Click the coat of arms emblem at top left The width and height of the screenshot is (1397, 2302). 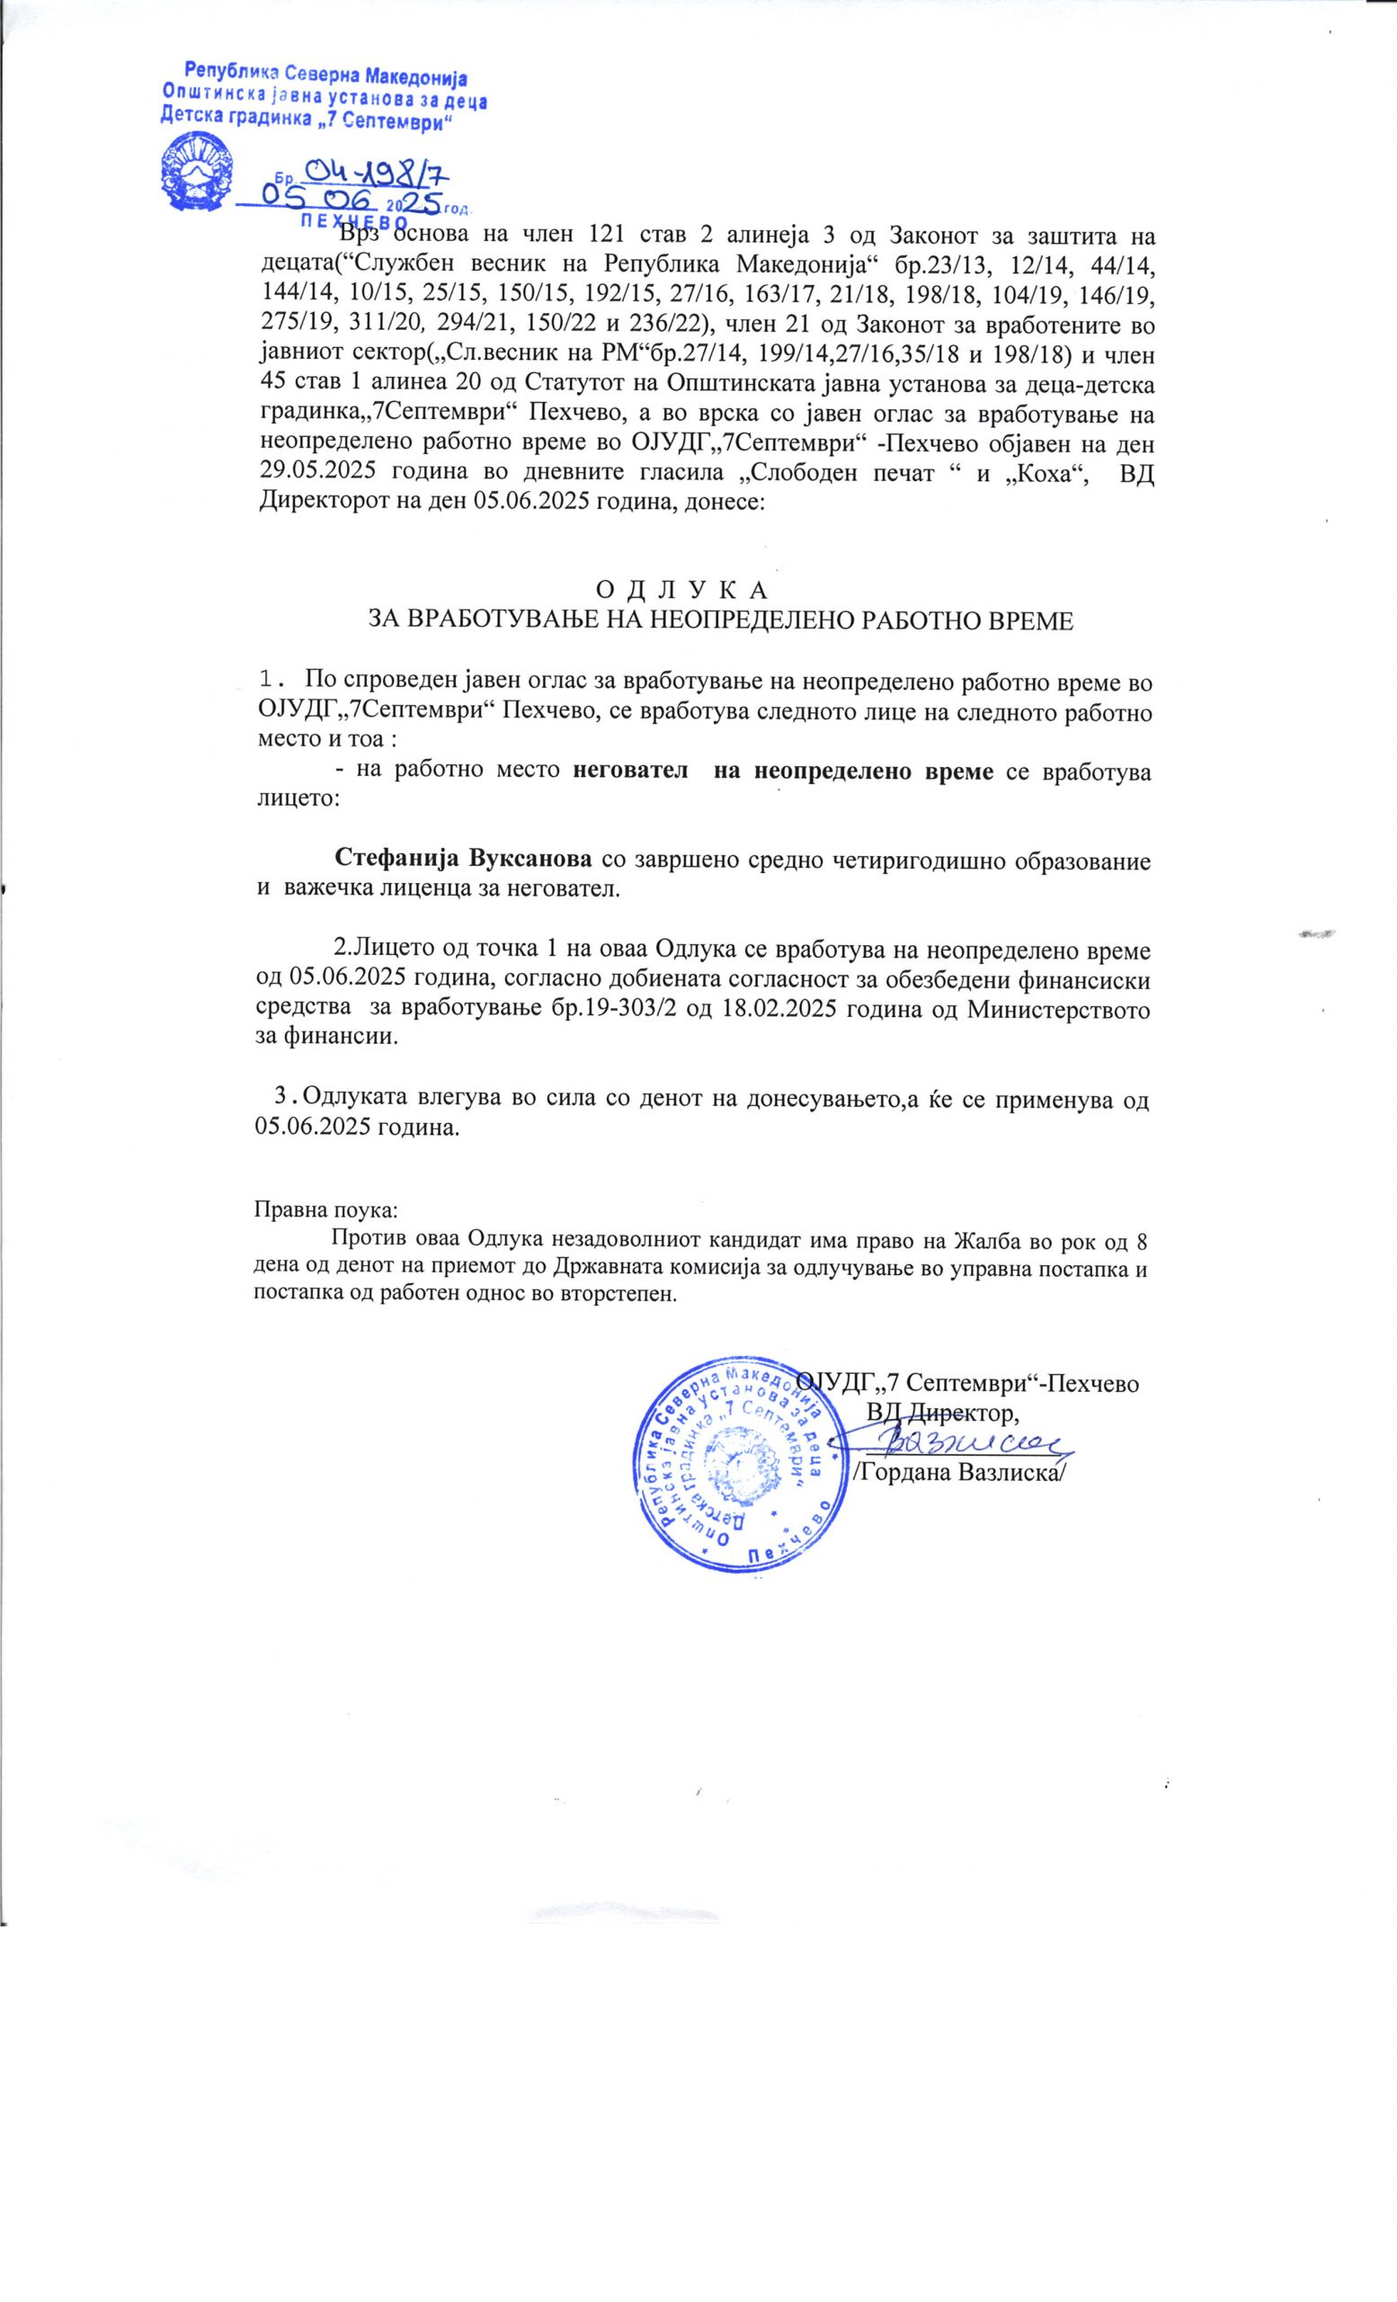coord(198,167)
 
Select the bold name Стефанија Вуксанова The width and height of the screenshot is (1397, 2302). coord(462,859)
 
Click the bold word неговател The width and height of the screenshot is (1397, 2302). coord(631,772)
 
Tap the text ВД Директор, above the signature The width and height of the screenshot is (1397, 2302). coord(941,1411)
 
